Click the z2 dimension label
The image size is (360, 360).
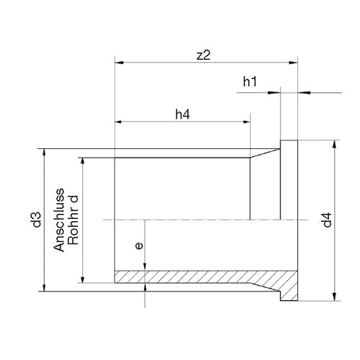203,55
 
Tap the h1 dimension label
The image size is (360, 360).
250,81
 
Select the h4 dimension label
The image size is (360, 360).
183,114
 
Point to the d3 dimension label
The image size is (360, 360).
37,220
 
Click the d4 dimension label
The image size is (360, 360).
327,220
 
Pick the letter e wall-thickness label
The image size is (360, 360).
139,246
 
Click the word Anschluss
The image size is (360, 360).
59,220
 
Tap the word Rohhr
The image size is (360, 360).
73,228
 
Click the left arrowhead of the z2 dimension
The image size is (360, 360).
120,63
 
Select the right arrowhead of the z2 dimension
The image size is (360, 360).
293,63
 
